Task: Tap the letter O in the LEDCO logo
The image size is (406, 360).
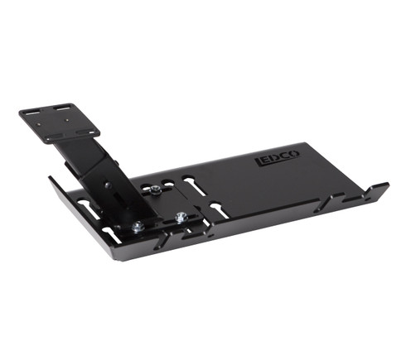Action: [x=295, y=154]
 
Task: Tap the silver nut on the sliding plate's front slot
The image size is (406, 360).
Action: [x=181, y=217]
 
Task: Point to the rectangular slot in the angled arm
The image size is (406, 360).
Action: [x=119, y=198]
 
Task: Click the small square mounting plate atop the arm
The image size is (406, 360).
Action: [x=59, y=123]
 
